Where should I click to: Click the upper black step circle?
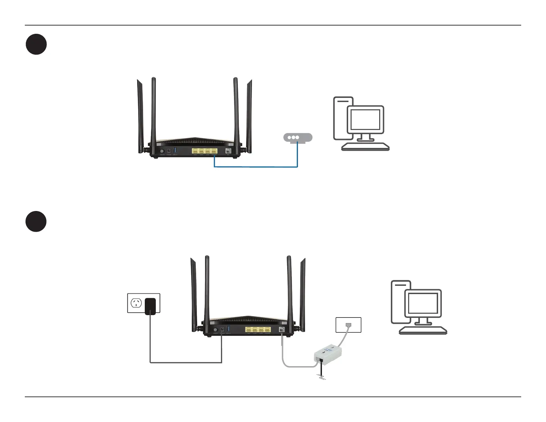tap(36, 44)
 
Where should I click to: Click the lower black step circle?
tap(36, 221)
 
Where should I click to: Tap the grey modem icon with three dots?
tap(297, 137)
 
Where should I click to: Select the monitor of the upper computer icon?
tap(365, 120)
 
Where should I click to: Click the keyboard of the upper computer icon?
tap(365, 147)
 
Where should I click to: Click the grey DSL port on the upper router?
tap(228, 151)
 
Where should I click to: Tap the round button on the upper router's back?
tap(162, 151)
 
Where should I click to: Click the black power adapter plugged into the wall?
tap(150, 306)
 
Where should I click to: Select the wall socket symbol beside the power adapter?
tap(136, 303)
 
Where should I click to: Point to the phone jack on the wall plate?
tap(348, 325)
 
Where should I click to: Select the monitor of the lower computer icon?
tap(423, 303)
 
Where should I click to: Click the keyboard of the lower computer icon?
tap(423, 331)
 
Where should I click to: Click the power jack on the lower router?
tap(222, 330)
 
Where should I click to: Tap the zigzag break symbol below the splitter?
tap(322, 379)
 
